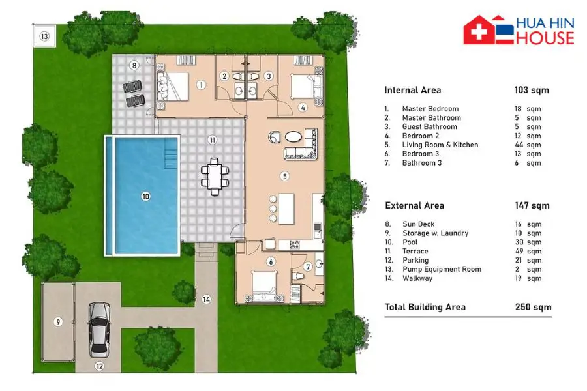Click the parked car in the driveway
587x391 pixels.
(99, 330)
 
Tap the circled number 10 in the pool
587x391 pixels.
(145, 196)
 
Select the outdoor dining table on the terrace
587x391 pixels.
(215, 177)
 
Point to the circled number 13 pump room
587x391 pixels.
(44, 36)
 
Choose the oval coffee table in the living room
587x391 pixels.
(293, 137)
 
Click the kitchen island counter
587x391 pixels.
(286, 209)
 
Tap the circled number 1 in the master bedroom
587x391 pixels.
(201, 85)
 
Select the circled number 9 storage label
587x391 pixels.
(57, 322)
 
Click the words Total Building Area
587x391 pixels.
(425, 307)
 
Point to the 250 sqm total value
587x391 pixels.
(533, 307)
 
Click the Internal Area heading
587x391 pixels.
(413, 90)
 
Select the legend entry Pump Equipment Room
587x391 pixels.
(442, 269)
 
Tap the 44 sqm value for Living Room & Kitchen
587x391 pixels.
(528, 145)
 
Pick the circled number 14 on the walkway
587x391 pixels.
(206, 299)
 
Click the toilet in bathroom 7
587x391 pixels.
(297, 276)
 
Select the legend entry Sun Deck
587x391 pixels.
(419, 224)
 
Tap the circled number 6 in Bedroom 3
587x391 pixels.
(271, 261)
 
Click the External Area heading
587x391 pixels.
(414, 205)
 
